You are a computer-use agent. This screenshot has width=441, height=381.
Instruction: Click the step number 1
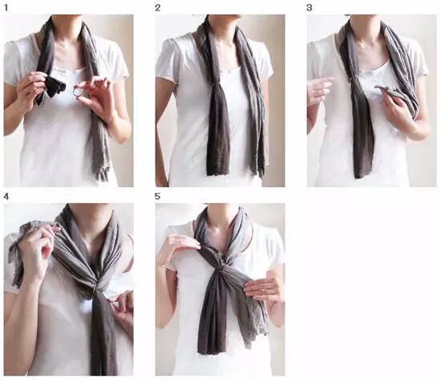coord(6,7)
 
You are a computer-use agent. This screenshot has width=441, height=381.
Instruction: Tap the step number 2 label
coord(157,7)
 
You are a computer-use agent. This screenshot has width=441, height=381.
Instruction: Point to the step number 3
coord(309,7)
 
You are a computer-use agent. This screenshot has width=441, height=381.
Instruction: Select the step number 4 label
coord(6,197)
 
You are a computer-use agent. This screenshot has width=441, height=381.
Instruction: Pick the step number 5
coord(157,197)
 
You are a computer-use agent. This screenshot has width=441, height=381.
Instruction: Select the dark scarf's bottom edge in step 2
coord(217,173)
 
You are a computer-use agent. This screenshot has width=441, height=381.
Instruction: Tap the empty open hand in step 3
coord(320,90)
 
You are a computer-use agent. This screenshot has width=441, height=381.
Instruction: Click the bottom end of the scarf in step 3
coord(362,174)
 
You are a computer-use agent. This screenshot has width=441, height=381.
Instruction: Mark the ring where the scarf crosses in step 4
coord(98,289)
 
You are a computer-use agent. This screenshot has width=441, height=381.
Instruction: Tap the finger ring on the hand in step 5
coord(268,291)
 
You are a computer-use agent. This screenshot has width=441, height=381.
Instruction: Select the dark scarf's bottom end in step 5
coord(210,350)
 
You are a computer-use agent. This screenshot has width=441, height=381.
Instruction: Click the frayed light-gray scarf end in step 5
coord(257,329)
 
